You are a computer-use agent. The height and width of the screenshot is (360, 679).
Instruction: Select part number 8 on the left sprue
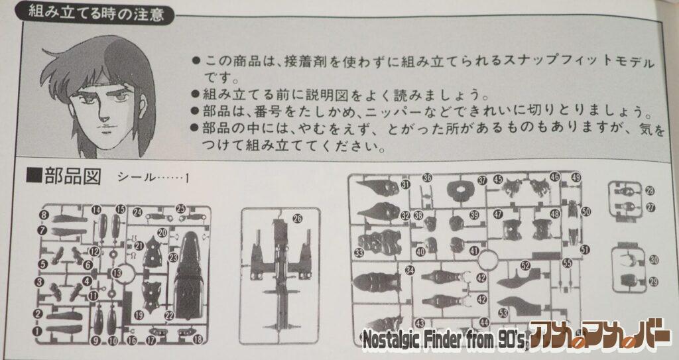pos(43,215)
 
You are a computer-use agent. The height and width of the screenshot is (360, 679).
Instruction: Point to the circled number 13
pos(117,272)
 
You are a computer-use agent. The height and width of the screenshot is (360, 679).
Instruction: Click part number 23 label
pos(173,257)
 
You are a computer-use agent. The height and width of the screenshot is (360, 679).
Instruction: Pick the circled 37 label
pos(482,180)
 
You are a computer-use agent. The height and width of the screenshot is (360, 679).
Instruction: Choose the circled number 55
pos(567,263)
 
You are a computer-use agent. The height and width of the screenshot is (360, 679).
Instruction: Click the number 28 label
pos(650,191)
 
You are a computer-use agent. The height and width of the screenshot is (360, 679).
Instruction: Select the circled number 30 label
pos(654,260)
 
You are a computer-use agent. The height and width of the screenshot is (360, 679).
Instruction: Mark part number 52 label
pos(525,266)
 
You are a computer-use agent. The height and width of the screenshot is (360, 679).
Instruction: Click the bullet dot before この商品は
pos(195,61)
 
